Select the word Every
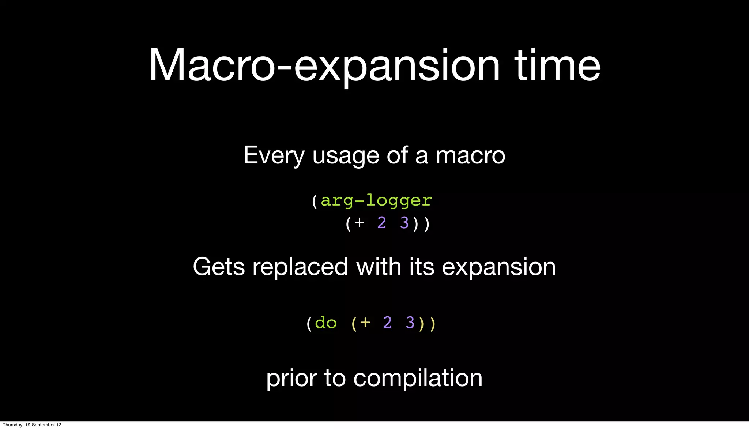[274, 156]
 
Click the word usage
[346, 156]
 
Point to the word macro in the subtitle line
[470, 156]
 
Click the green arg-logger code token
[376, 201]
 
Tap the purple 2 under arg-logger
[382, 223]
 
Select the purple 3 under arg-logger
[404, 223]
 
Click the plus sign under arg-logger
[360, 223]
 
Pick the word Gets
[219, 267]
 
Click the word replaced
[300, 267]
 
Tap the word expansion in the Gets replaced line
[499, 267]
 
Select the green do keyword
[325, 323]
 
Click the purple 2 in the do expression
[388, 323]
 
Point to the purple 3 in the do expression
[410, 323]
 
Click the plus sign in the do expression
[365, 323]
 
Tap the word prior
[291, 379]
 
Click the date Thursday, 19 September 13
[32, 425]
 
